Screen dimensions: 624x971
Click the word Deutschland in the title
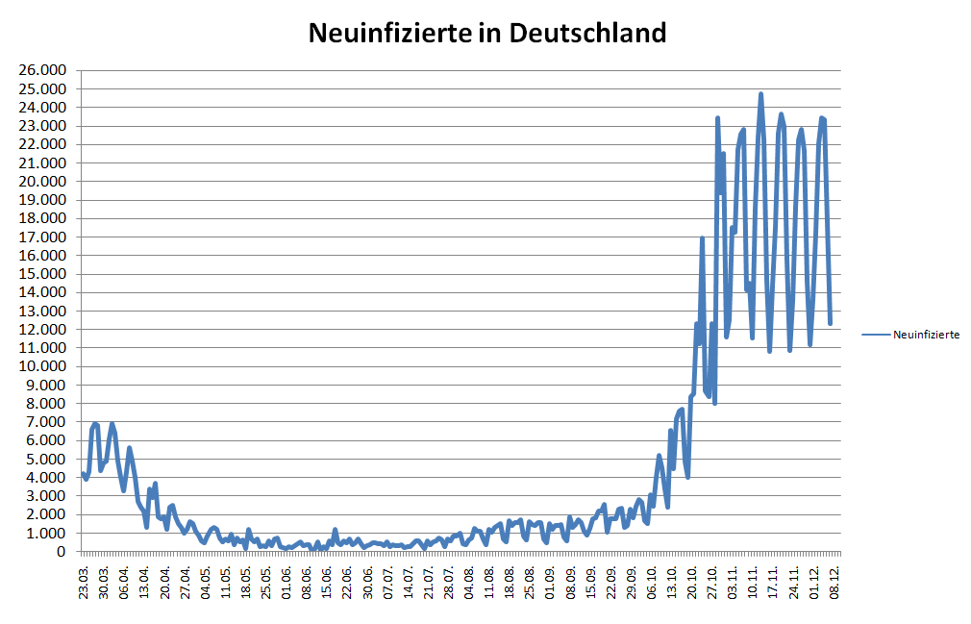tap(586, 33)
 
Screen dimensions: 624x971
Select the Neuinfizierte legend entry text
tap(926, 335)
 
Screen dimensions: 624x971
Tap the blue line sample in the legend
tap(876, 335)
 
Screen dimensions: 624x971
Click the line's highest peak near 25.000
tap(760, 94)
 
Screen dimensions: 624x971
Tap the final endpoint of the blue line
tap(831, 323)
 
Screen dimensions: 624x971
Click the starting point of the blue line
tap(83, 473)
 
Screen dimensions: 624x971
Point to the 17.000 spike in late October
tap(702, 237)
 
